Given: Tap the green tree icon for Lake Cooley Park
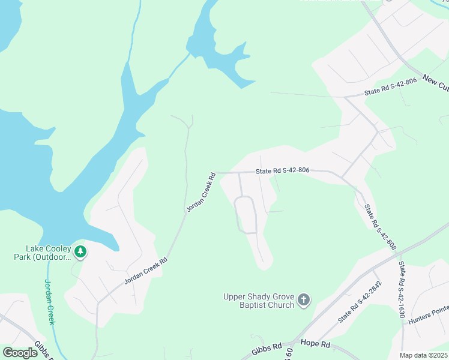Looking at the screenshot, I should [x=80, y=251].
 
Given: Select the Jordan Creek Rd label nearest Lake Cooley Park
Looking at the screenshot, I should [x=145, y=271].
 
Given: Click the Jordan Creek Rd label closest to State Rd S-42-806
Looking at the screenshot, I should [x=200, y=193].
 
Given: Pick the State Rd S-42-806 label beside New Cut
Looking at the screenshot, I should [x=390, y=88].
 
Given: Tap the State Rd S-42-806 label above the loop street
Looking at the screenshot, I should [x=282, y=170].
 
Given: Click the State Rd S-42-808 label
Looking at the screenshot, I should [x=380, y=227].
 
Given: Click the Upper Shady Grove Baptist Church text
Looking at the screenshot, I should [x=259, y=301].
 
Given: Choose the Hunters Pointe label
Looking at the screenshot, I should [x=429, y=314].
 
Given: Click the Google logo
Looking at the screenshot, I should [x=20, y=353].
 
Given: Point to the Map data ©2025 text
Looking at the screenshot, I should [x=424, y=355].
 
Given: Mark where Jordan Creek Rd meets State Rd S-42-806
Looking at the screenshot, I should [x=216, y=173].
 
